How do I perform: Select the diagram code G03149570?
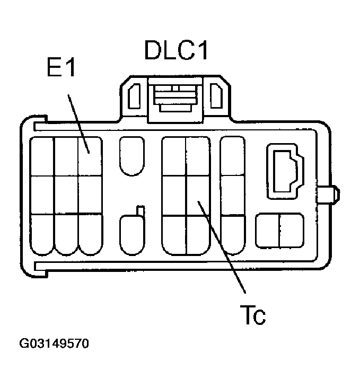point(54,344)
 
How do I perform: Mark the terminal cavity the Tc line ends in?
point(198,195)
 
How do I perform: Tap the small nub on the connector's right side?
point(330,194)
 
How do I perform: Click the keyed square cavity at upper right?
point(285,171)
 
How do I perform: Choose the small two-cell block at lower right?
point(279,231)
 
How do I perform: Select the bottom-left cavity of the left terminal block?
point(42,233)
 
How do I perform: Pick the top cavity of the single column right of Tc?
point(232,156)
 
